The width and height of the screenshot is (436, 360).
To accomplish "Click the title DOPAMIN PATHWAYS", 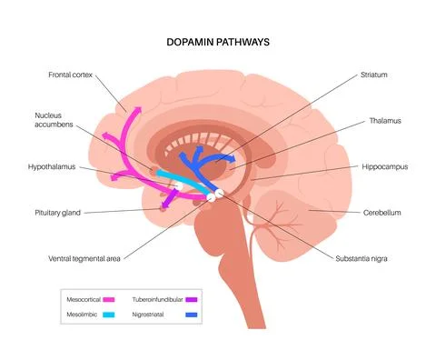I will click(x=219, y=42).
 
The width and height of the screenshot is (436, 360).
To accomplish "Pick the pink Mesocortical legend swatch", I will click(x=108, y=297).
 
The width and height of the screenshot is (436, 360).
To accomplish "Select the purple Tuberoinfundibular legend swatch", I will click(x=192, y=297).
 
